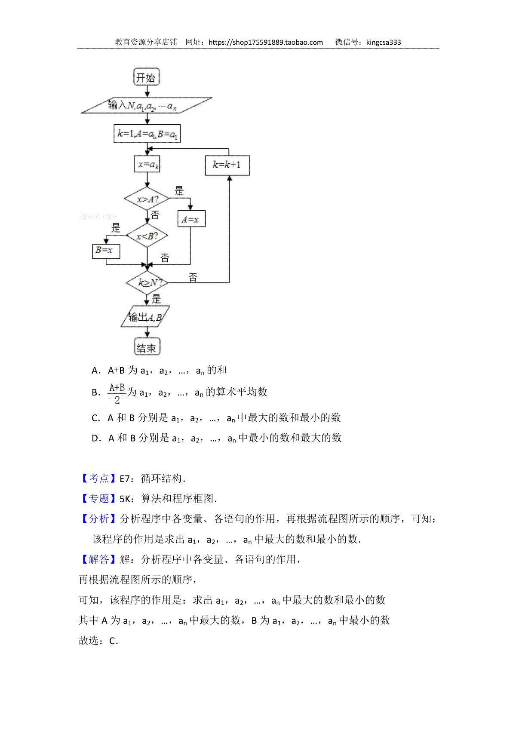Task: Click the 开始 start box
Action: tap(146, 77)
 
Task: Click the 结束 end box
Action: tap(147, 346)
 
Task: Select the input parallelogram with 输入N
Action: tap(147, 105)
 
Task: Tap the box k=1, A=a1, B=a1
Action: tap(147, 134)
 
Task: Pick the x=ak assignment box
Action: tap(147, 164)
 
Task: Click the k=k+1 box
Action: tap(227, 166)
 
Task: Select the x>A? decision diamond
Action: tap(147, 199)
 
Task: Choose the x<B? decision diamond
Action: tap(147, 235)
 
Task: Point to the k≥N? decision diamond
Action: tap(147, 282)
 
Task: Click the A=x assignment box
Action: tap(191, 219)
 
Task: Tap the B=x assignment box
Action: tap(106, 251)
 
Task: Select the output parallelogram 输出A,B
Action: tap(145, 316)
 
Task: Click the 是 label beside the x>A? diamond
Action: tap(179, 190)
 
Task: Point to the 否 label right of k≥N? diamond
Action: tap(193, 277)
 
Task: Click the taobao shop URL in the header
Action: tap(266, 43)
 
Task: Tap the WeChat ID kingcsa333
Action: tap(384, 43)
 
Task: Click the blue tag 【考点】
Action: tap(99, 478)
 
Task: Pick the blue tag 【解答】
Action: tap(99, 559)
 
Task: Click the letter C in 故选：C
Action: tap(113, 641)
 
